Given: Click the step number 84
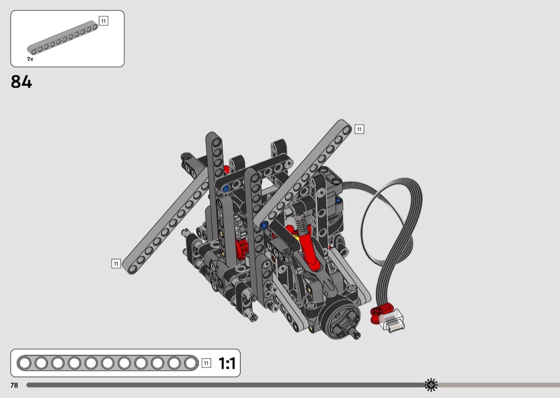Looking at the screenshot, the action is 21,82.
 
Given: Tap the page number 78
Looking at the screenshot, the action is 14,385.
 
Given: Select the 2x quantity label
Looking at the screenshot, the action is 30,59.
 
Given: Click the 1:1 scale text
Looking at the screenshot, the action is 227,363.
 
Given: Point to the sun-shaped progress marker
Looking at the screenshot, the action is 431,385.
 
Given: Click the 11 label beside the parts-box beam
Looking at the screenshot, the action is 103,21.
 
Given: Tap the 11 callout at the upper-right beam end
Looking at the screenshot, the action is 359,129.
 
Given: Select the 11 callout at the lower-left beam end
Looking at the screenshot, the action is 116,264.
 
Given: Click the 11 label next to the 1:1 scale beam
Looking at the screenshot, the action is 206,363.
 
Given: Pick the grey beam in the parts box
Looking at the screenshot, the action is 62,38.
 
